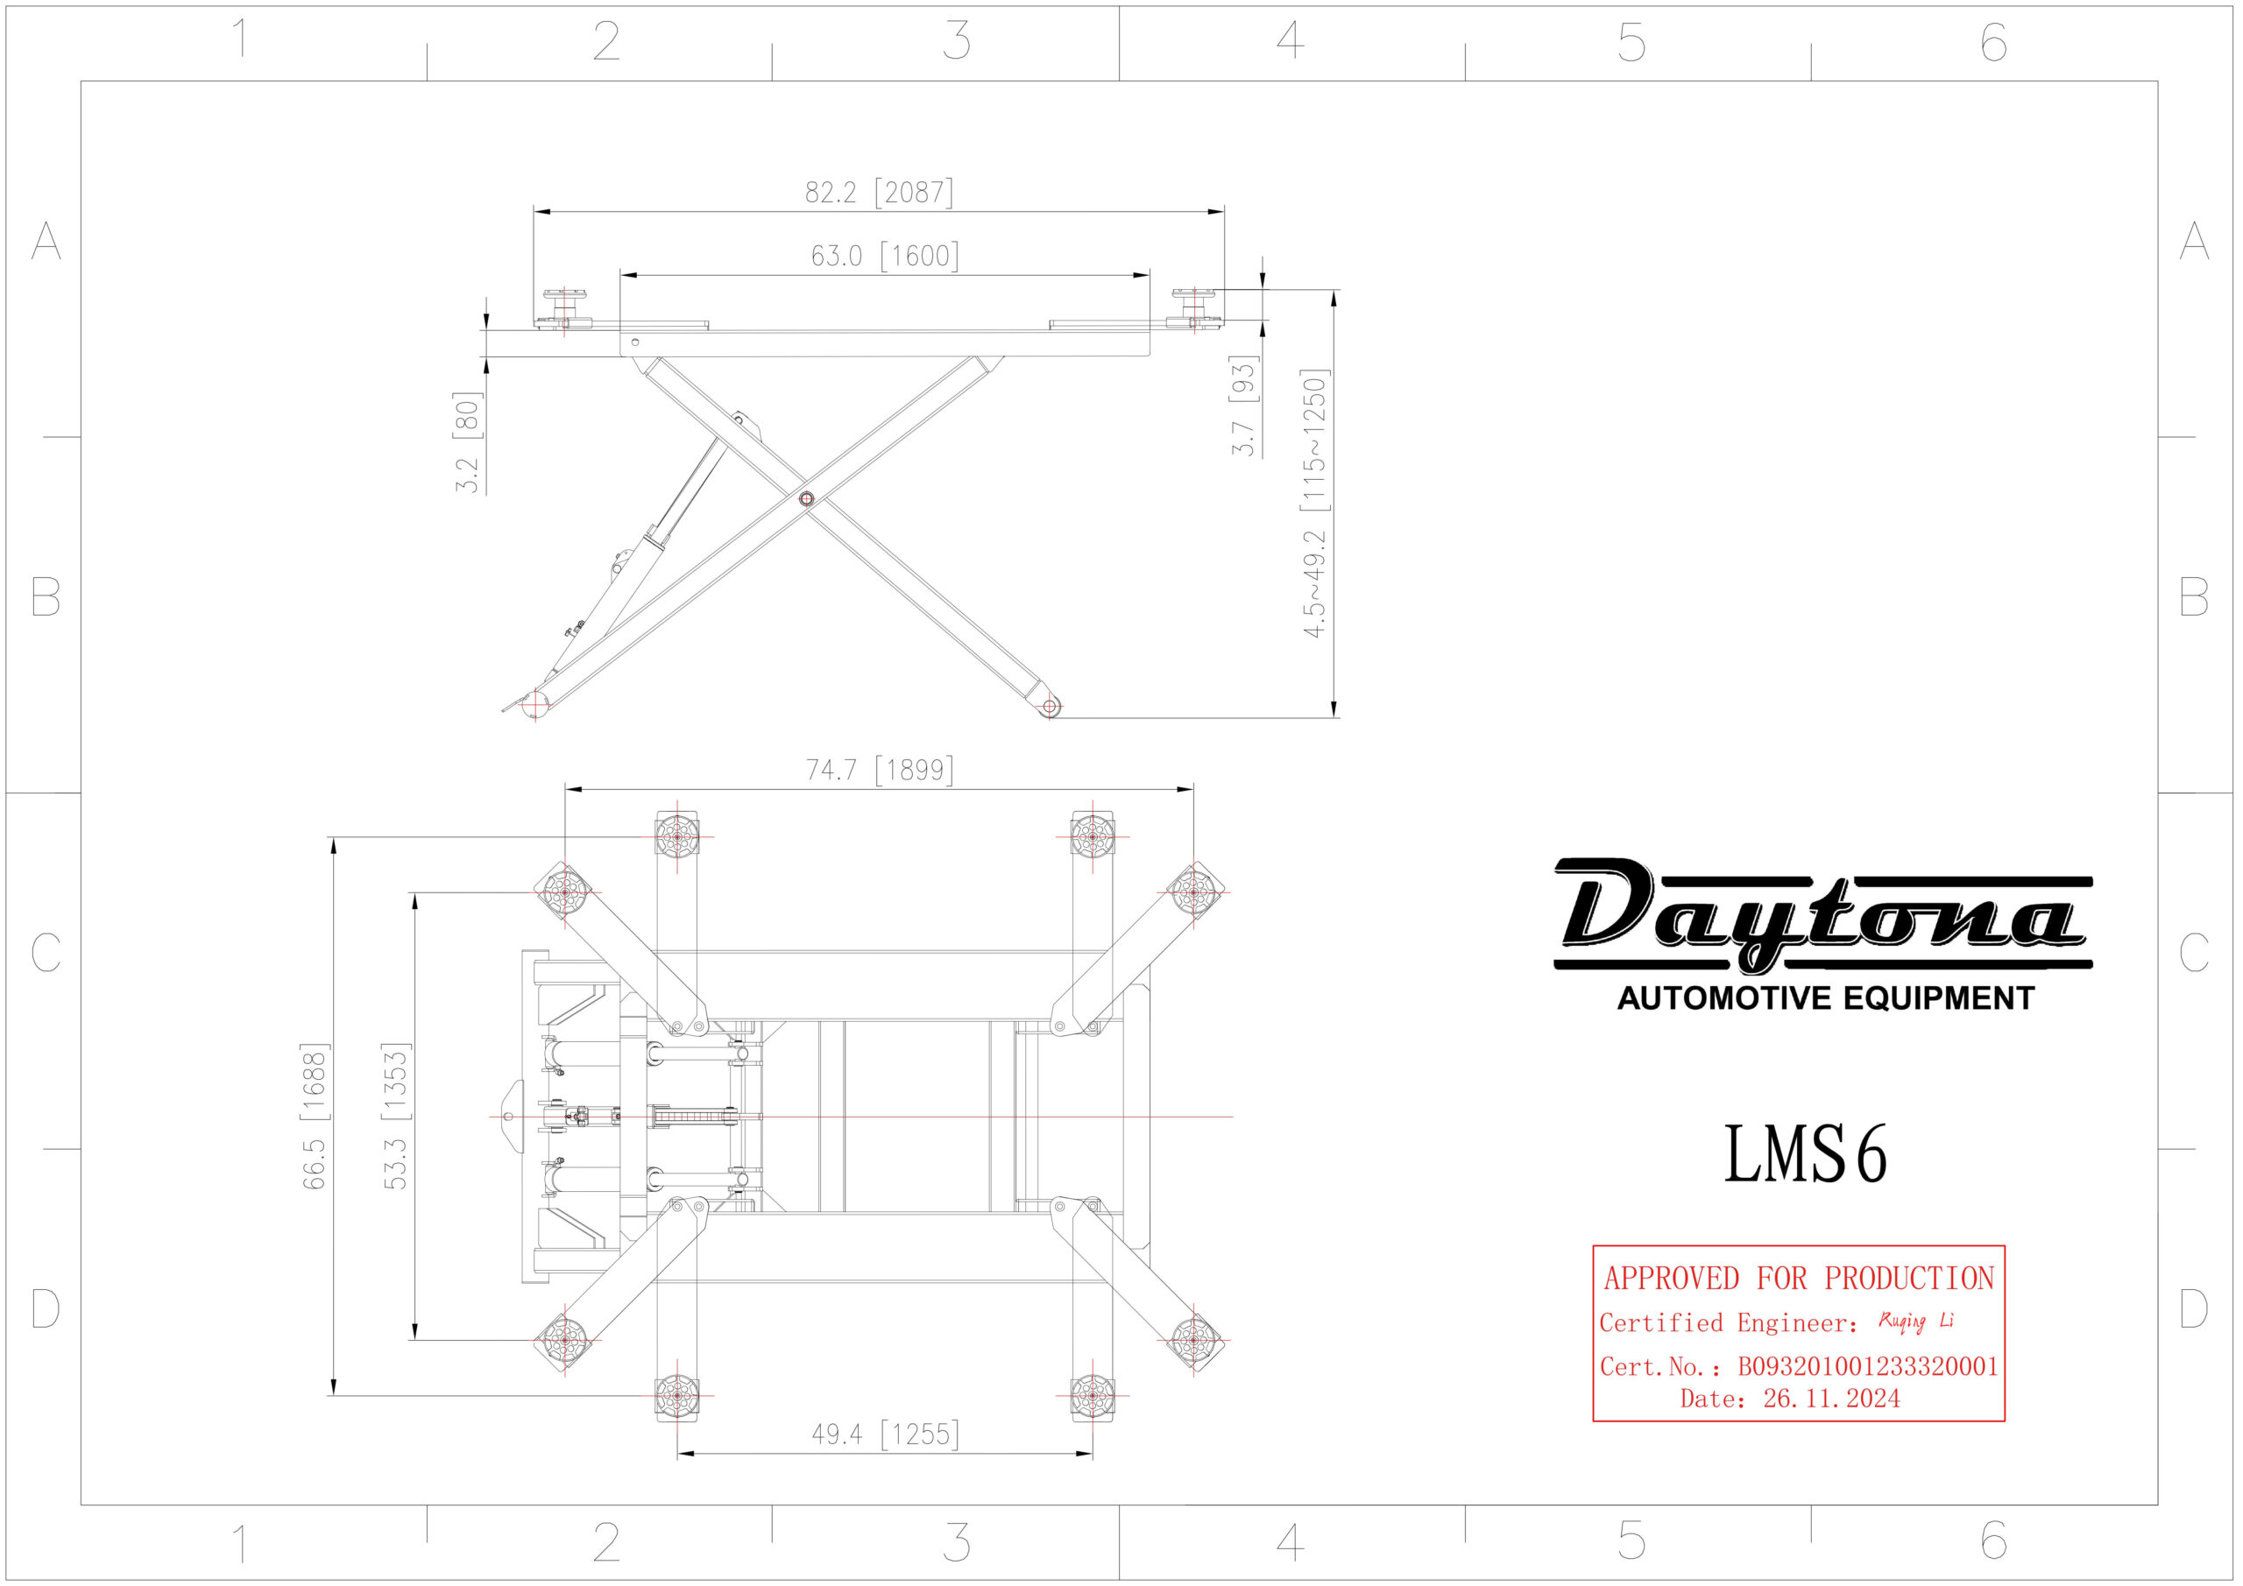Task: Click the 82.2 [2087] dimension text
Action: point(878,193)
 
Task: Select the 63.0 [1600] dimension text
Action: point(884,256)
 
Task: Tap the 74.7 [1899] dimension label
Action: point(879,770)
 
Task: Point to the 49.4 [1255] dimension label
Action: point(884,1434)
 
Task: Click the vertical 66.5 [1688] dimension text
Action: point(315,1117)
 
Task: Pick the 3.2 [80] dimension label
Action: point(468,441)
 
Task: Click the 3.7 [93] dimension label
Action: point(1242,405)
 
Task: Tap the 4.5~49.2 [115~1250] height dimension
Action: point(1315,503)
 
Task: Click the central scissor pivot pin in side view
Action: point(806,499)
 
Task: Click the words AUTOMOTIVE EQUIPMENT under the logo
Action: point(1825,998)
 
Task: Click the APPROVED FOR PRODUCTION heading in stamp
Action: point(1799,1279)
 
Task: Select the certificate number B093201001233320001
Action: point(1867,1366)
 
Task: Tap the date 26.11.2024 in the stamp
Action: point(1830,1399)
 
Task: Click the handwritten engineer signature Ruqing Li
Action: point(1914,1322)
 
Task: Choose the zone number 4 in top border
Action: point(1290,41)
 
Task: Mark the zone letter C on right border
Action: point(2194,952)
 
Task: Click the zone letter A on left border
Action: point(46,240)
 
